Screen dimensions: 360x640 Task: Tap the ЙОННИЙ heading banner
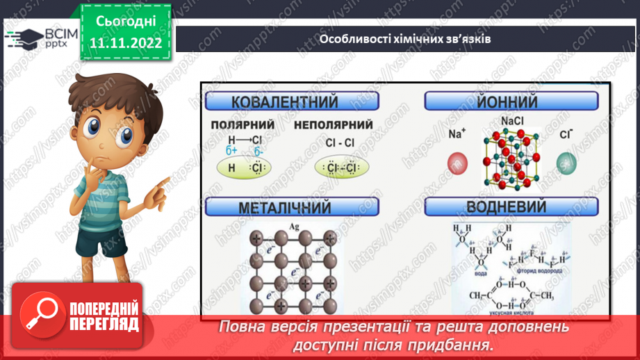click(511, 102)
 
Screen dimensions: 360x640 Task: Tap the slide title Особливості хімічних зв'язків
click(405, 39)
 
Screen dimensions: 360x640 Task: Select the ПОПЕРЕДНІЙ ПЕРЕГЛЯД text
click(103, 316)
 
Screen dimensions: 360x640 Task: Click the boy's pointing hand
click(158, 186)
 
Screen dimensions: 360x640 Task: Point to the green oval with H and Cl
click(244, 168)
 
